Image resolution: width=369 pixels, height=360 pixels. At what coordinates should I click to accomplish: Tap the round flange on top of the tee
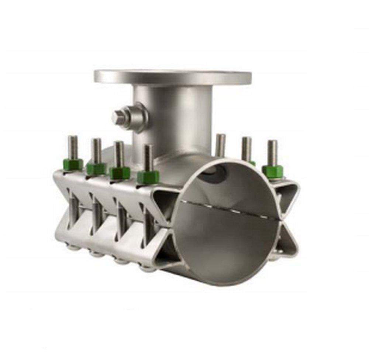(x=172, y=77)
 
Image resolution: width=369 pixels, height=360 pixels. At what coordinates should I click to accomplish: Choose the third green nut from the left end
(x=120, y=172)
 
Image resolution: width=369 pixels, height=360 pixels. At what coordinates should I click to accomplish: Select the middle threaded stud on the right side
(x=246, y=148)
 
